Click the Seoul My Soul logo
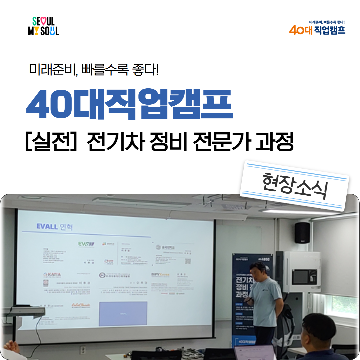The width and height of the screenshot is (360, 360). point(43,26)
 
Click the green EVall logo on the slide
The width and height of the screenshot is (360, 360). point(86,244)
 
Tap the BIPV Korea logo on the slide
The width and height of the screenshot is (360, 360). point(160,275)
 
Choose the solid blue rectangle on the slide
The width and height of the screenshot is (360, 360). point(123,314)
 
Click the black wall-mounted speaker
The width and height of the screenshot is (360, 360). point(302,232)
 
